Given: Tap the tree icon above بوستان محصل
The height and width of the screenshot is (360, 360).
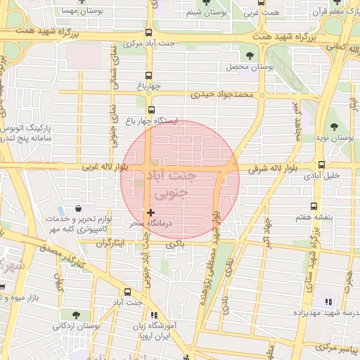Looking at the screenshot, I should (x=251, y=56).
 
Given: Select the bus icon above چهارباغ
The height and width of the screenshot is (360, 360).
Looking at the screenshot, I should (x=148, y=76).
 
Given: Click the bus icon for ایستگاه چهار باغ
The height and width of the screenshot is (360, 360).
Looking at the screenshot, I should (x=151, y=110).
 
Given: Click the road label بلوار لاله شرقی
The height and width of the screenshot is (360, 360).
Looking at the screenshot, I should (x=273, y=169).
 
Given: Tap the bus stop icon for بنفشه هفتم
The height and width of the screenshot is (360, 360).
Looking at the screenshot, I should (x=313, y=207).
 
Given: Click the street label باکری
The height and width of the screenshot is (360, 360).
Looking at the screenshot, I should (x=174, y=245).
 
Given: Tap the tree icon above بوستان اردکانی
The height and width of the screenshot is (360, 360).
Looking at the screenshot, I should (x=75, y=314).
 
